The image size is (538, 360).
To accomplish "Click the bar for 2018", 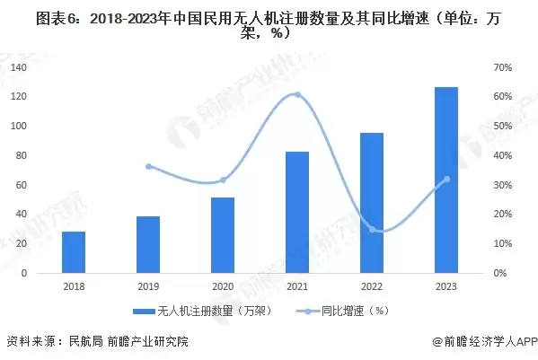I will coord(74,252).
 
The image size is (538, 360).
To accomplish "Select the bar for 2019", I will coord(148,244).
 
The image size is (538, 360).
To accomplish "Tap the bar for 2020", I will coord(223,235).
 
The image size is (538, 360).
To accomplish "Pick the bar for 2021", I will coord(297,212).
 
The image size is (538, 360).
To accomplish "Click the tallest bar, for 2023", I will coord(446,180).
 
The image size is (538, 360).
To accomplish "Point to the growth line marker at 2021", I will coord(297,95).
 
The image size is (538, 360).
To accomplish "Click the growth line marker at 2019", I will coord(148,166).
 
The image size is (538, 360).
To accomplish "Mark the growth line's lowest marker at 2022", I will coord(372,230).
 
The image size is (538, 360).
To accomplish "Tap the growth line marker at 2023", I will coord(446,179).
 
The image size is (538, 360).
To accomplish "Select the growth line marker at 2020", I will coord(223,180).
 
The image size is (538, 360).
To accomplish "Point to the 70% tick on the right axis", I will coord(503,67).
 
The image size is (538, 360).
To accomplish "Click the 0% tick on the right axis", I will coord(500,273).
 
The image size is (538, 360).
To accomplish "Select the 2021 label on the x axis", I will coord(297,286).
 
